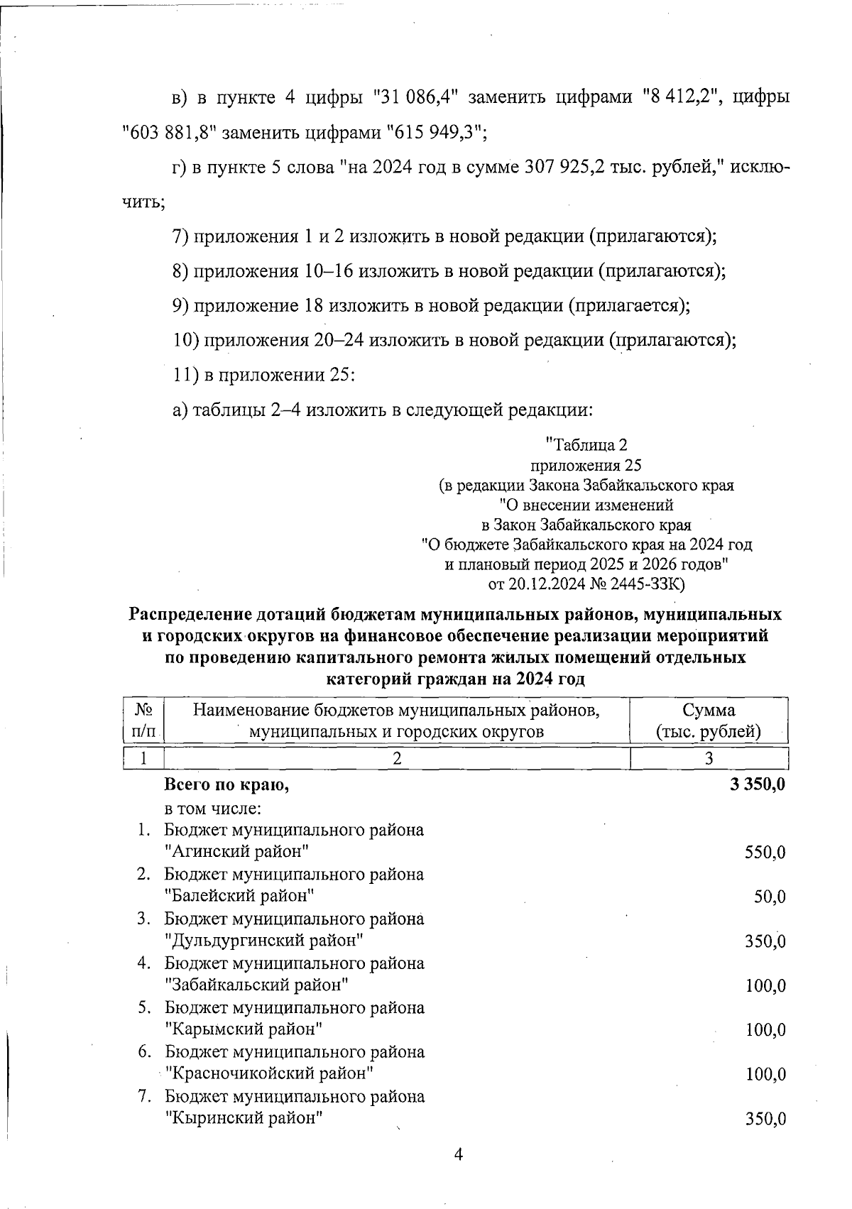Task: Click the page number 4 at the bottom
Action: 458,1154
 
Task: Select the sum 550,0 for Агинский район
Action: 765,853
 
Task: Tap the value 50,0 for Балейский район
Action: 770,897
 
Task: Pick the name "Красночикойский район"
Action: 269,1073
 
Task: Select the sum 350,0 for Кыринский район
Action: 765,1120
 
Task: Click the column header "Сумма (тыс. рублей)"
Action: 709,721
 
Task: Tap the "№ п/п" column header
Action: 144,721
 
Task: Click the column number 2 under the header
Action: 397,758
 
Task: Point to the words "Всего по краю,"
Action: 227,785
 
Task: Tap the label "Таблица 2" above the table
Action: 586,445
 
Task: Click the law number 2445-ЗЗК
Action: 648,584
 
